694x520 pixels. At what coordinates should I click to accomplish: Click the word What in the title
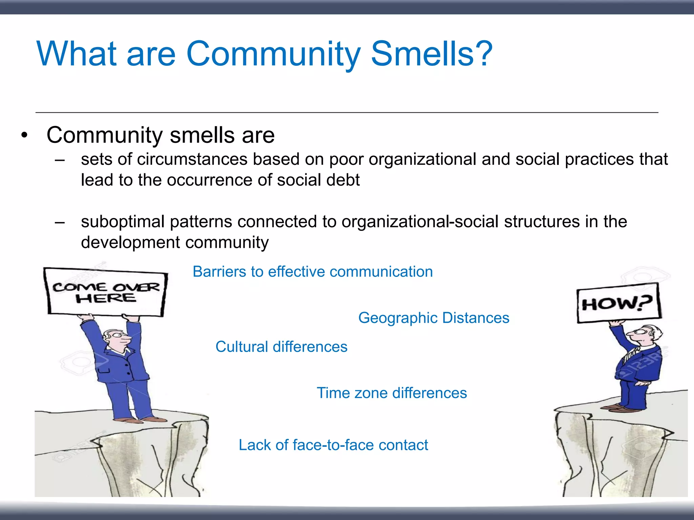tap(76, 54)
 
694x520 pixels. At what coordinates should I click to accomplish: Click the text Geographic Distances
tap(434, 318)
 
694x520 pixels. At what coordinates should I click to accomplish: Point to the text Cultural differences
tap(281, 347)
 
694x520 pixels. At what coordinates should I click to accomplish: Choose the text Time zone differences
tap(392, 393)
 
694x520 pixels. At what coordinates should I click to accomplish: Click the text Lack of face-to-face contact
tap(333, 445)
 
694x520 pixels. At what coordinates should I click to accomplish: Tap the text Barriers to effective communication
tap(312, 272)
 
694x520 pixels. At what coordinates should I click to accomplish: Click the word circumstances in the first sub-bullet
tap(192, 159)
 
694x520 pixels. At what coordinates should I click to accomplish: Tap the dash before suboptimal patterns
tap(60, 222)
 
